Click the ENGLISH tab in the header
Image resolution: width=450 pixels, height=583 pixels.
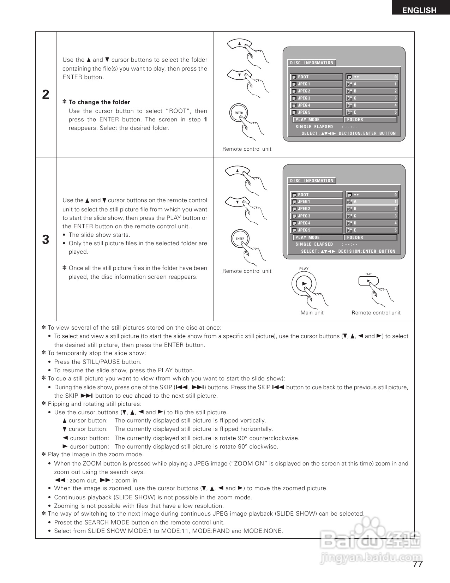pos(419,10)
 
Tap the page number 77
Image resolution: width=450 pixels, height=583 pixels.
pos(418,564)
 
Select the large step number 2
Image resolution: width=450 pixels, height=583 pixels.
pos(46,95)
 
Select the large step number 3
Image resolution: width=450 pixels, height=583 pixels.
pos(46,240)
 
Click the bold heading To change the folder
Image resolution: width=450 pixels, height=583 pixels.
pos(99,102)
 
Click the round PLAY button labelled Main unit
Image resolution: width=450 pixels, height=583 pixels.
pos(304,283)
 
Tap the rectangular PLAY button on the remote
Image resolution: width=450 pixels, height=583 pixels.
pos(368,281)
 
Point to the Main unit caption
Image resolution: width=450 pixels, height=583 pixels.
pos(312,313)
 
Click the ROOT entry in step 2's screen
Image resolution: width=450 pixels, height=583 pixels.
pos(316,77)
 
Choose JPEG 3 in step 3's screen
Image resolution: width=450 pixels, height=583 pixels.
pos(316,216)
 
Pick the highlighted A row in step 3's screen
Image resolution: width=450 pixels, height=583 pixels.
pos(372,202)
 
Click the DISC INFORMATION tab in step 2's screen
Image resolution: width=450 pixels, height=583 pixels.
pos(312,63)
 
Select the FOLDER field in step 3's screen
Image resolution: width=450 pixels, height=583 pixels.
pos(371,238)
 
